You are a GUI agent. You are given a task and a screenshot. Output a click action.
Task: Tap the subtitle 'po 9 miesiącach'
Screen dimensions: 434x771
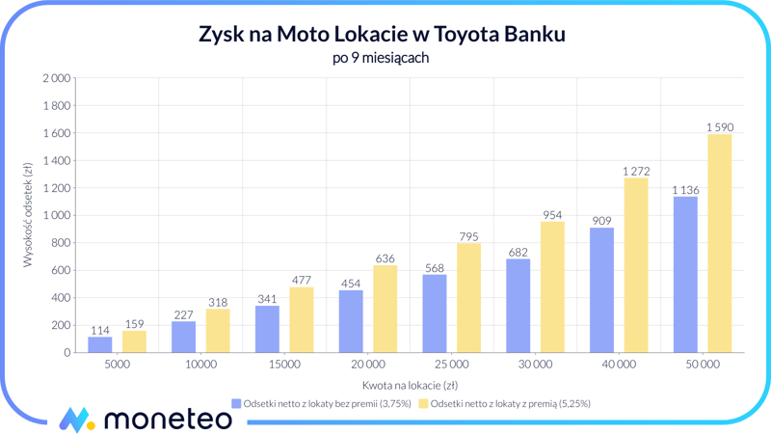pyautogui.click(x=381, y=58)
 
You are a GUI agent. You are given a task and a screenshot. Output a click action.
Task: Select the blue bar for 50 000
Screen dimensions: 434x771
pyautogui.click(x=685, y=275)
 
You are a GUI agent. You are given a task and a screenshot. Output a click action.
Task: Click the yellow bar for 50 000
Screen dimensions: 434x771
pyautogui.click(x=719, y=243)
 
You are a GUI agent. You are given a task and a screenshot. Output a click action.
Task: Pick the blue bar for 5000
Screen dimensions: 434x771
pyautogui.click(x=100, y=344)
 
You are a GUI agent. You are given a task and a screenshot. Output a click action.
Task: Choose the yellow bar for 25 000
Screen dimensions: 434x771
pyautogui.click(x=468, y=298)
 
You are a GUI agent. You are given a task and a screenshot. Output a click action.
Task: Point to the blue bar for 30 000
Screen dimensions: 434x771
pyautogui.click(x=518, y=306)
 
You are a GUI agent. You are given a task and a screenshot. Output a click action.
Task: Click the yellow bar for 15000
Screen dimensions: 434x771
pyautogui.click(x=302, y=319)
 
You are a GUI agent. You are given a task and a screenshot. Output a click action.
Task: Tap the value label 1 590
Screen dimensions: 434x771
pyautogui.click(x=719, y=127)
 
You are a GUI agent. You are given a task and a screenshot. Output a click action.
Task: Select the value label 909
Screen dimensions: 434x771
pyautogui.click(x=601, y=221)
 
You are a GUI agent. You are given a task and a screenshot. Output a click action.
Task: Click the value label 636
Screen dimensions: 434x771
pyautogui.click(x=385, y=258)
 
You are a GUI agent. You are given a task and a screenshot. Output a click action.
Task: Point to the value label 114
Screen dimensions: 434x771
pyautogui.click(x=100, y=331)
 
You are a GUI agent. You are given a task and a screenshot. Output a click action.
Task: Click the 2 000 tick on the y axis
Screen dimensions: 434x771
pyautogui.click(x=57, y=78)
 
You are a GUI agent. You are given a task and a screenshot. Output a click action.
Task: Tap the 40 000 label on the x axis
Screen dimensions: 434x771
pyautogui.click(x=618, y=365)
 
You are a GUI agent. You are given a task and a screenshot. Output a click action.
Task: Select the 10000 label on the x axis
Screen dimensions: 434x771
pyautogui.click(x=200, y=365)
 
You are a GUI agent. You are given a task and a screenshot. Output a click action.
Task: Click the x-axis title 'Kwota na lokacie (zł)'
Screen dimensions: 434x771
pyautogui.click(x=410, y=385)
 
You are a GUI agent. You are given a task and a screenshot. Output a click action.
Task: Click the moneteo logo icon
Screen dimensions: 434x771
pyautogui.click(x=76, y=419)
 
